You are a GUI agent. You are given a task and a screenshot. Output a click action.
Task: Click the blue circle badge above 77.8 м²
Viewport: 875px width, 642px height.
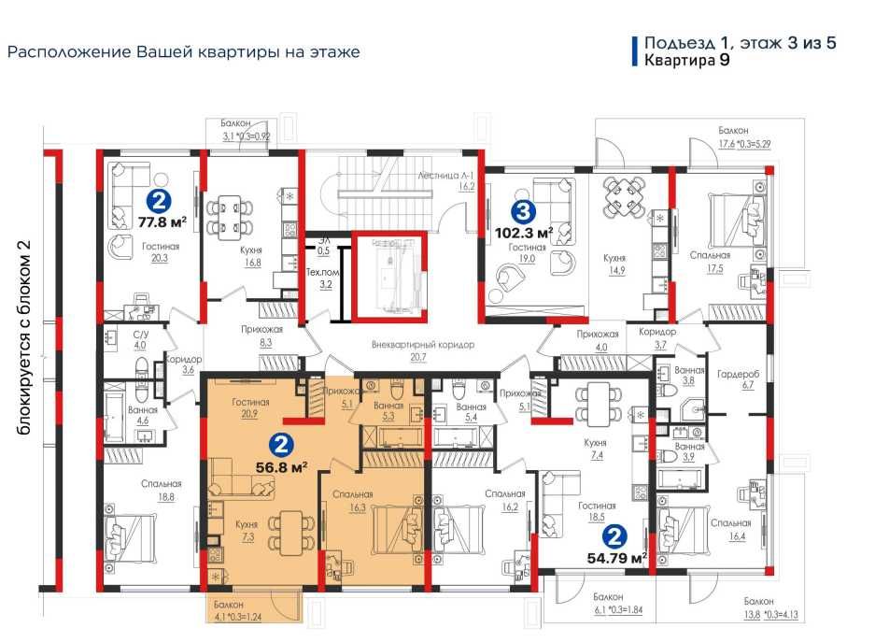coord(159,201)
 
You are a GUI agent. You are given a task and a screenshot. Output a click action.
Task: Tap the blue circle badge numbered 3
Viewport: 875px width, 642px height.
coord(523,211)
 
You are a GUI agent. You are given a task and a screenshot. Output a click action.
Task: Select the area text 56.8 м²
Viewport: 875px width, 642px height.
coord(282,467)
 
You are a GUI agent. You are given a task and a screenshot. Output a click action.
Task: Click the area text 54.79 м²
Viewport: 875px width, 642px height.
coord(616,557)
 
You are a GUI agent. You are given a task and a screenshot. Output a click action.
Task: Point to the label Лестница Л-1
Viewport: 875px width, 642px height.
coord(445,176)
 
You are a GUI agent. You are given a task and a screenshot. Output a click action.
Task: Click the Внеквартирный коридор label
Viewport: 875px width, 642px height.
coord(423,345)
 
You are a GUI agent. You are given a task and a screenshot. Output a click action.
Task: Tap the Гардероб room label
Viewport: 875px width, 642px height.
coord(738,374)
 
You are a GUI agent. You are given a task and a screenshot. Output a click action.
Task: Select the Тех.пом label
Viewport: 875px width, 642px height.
coord(322,273)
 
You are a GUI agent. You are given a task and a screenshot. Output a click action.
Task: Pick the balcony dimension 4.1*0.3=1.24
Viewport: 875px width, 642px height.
coord(238,617)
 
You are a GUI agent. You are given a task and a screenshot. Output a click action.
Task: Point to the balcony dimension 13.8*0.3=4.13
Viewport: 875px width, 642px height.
coord(770,614)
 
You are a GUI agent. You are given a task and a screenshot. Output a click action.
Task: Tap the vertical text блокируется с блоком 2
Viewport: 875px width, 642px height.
coord(24,337)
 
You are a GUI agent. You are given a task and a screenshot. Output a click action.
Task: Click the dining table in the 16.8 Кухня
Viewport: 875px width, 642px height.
coord(230,218)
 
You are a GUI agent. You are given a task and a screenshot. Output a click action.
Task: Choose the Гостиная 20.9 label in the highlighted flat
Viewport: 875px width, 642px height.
coord(250,407)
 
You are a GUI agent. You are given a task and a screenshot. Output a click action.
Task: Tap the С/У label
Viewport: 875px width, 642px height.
coord(141,334)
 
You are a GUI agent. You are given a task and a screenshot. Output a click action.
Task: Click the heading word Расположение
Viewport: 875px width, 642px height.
coord(70,52)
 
